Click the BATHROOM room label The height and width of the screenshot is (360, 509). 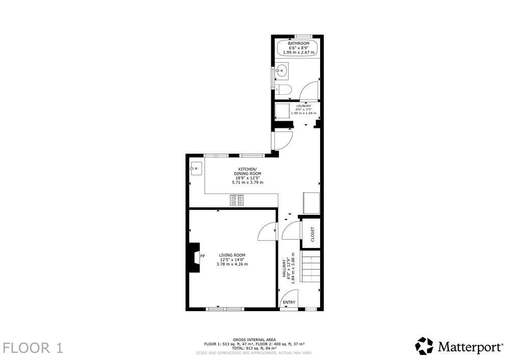(x=299, y=43)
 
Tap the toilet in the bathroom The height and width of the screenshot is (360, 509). (x=284, y=90)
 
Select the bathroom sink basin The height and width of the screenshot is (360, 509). (x=281, y=71)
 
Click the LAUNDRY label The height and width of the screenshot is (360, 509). (x=303, y=106)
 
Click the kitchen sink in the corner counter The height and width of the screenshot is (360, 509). (x=196, y=169)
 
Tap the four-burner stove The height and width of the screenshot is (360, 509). (x=237, y=200)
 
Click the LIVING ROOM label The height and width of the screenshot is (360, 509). (x=232, y=255)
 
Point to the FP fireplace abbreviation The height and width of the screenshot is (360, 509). (x=203, y=256)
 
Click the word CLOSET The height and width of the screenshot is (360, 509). (x=313, y=234)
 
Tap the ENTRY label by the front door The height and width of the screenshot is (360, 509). (x=289, y=302)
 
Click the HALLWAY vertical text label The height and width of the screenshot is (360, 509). (x=284, y=268)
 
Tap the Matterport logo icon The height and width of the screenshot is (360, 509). (x=425, y=346)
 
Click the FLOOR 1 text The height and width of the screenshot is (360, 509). (x=33, y=348)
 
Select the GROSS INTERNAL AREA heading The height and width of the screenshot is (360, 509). (x=254, y=340)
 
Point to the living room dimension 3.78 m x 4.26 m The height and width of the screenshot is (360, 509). (x=232, y=264)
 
